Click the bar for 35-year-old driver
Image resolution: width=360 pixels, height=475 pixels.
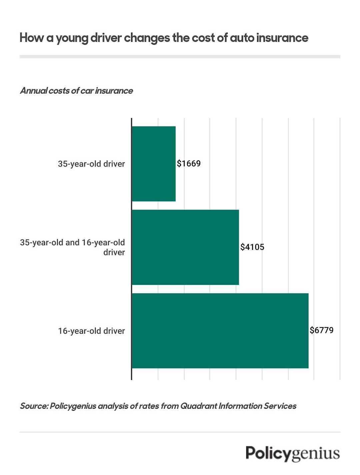(154, 164)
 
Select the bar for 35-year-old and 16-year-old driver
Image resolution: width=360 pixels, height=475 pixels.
(185, 247)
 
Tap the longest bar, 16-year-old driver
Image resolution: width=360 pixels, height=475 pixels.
(220, 331)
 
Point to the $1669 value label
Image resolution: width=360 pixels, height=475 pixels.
(189, 163)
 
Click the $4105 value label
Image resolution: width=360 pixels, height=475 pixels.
(252, 247)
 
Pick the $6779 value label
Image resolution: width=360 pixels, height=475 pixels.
(321, 330)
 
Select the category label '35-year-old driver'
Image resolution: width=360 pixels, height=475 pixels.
(91, 164)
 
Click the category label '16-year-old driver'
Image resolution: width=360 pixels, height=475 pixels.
(91, 331)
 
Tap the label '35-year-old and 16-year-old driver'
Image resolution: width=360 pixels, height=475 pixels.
(73, 247)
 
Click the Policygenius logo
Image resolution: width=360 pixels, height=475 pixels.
(293, 454)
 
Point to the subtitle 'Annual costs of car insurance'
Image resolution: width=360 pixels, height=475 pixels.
(76, 91)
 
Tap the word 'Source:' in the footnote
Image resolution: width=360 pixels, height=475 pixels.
(34, 406)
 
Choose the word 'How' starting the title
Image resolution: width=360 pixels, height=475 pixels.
(32, 38)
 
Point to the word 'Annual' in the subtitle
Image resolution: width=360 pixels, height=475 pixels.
(33, 91)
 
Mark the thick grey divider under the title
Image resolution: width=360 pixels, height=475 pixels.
(180, 57)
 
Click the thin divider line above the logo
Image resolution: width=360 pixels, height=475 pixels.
(180, 432)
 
